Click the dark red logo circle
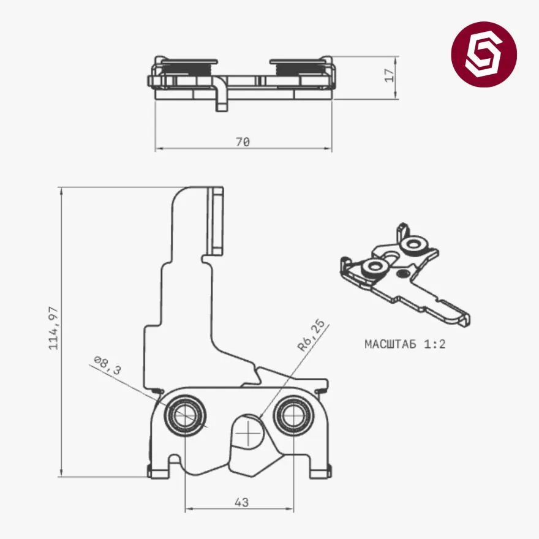(484, 55)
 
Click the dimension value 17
(390, 75)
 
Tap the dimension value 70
(243, 141)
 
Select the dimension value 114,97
(54, 328)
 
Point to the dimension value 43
(242, 502)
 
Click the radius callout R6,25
(311, 336)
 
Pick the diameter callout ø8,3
(108, 364)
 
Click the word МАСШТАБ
(390, 344)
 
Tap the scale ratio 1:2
(434, 344)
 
